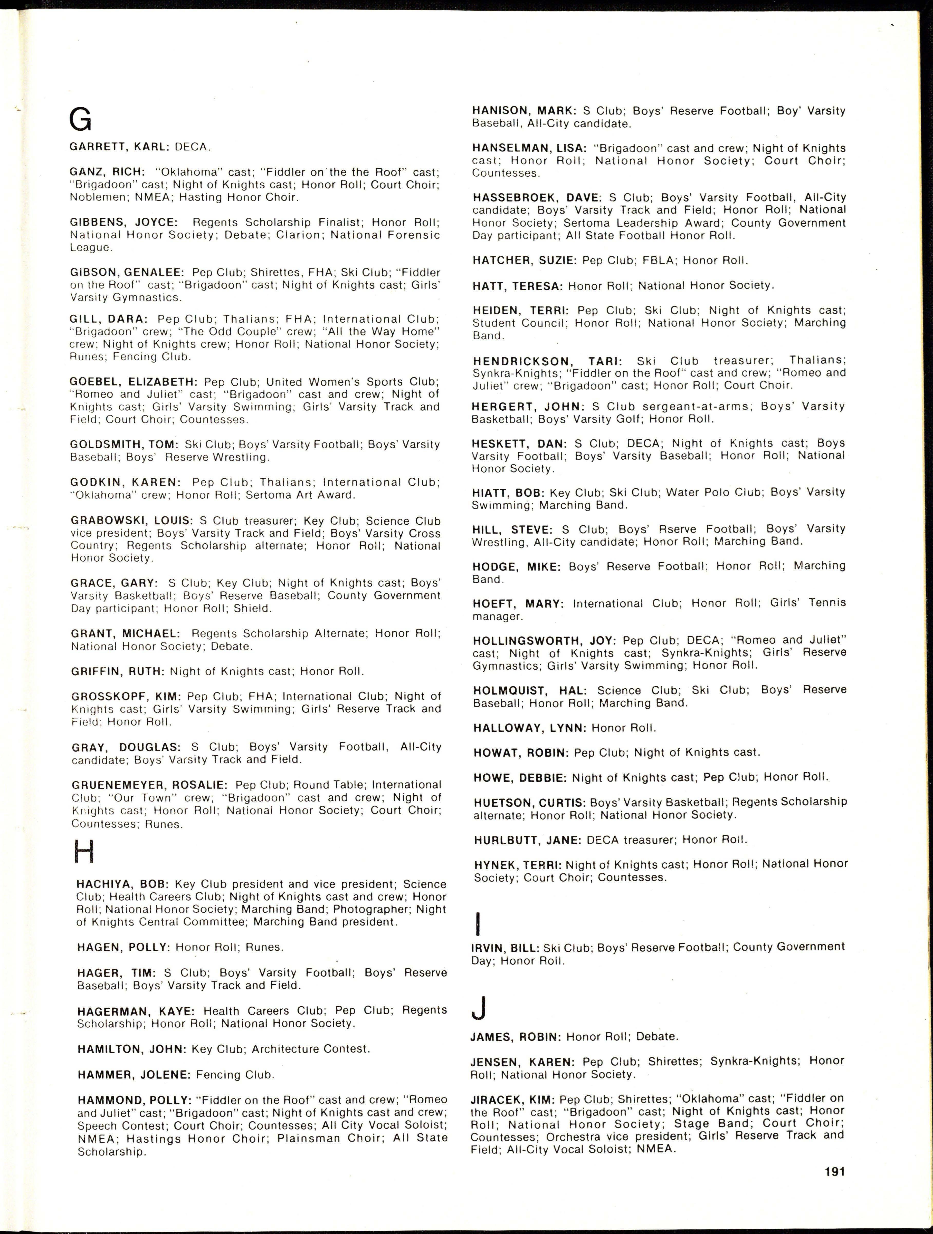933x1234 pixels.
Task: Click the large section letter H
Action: click(84, 852)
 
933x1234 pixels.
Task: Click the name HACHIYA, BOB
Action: click(122, 884)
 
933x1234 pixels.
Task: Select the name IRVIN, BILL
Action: click(504, 947)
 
